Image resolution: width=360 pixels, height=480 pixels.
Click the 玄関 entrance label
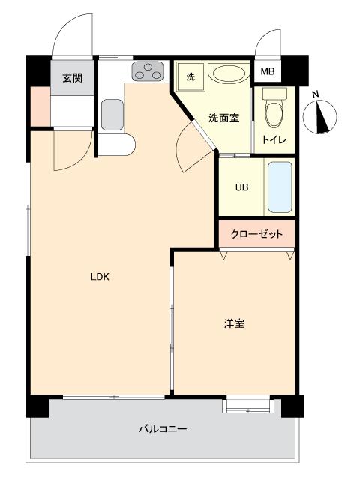[72, 77]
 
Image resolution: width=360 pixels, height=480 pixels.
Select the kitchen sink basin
[112, 115]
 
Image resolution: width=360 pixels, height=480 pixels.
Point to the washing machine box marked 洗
[190, 76]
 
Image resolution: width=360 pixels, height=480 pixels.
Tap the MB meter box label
[266, 72]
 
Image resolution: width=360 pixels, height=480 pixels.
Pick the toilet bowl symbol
[274, 112]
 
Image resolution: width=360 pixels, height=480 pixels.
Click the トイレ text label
[273, 141]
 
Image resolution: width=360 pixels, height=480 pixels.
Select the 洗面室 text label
[223, 117]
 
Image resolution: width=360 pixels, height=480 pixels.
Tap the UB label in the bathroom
[241, 187]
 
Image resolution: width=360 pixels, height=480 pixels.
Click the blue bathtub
[280, 187]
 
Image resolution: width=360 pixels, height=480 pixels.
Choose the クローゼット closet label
[257, 234]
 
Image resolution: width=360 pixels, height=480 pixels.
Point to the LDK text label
[100, 277]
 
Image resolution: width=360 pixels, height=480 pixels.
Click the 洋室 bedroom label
[234, 323]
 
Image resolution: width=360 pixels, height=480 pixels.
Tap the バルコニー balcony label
[162, 429]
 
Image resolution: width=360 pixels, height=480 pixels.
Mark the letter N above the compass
[316, 94]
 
